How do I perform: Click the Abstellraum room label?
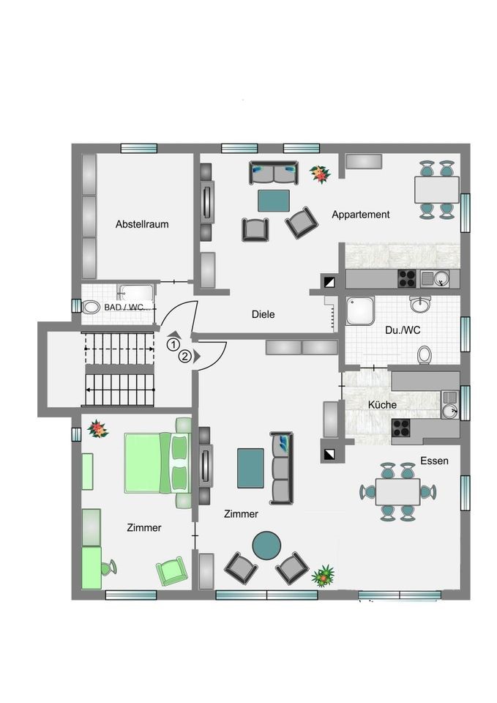point(142,224)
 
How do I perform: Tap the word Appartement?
point(361,215)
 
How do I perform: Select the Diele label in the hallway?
point(263,314)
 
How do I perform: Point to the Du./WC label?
point(403,330)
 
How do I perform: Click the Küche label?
point(382,405)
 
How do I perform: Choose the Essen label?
point(434,461)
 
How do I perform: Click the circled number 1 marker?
point(172,345)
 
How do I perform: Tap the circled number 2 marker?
point(184,357)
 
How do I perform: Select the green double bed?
point(156,462)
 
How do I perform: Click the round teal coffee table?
point(266,546)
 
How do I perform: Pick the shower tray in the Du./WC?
point(360,310)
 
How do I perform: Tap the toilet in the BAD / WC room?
point(90,307)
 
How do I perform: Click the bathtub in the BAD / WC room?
point(135,293)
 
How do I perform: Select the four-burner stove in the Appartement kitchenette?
point(408,278)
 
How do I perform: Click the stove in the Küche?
point(401,428)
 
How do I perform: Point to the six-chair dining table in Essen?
point(398,492)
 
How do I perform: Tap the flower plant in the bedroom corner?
point(97,428)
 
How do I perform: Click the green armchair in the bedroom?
point(171,570)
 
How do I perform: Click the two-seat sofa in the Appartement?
point(274,173)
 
